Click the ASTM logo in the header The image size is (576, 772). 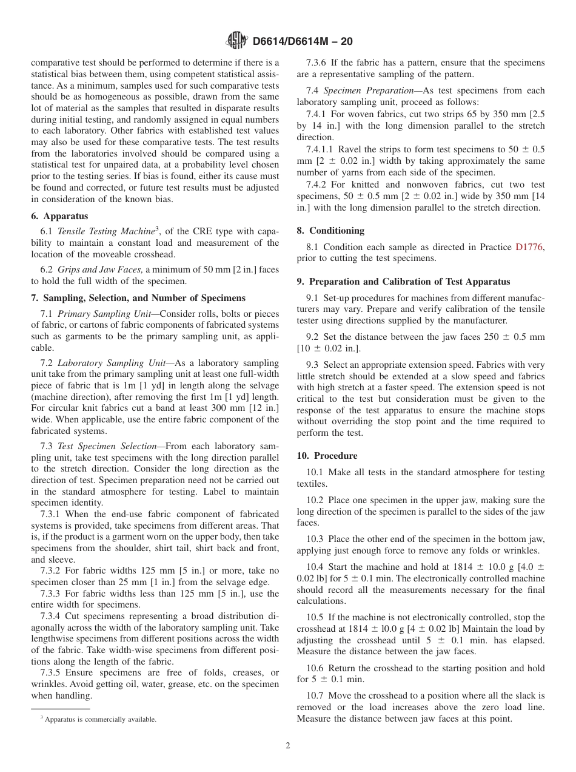point(236,41)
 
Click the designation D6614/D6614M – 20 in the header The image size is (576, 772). point(301,41)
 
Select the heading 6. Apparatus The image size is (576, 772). point(59,216)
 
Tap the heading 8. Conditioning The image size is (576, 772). point(330,231)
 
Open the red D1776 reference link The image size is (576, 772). point(530,247)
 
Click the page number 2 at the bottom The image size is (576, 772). point(288,746)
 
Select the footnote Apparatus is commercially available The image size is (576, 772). point(100,719)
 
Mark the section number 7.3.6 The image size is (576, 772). point(316,63)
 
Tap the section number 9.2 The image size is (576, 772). point(312,337)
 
